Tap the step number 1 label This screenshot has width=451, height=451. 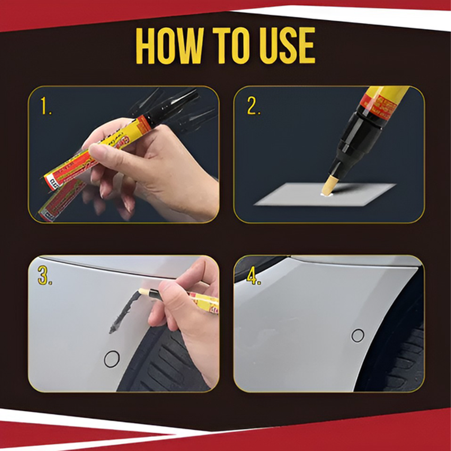pyautogui.click(x=46, y=107)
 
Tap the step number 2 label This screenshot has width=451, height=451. pyautogui.click(x=253, y=107)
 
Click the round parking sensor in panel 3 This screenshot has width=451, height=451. pyautogui.click(x=112, y=359)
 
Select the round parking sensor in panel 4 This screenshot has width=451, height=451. pyautogui.click(x=358, y=335)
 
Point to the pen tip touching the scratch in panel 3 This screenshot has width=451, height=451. pyautogui.click(x=143, y=292)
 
